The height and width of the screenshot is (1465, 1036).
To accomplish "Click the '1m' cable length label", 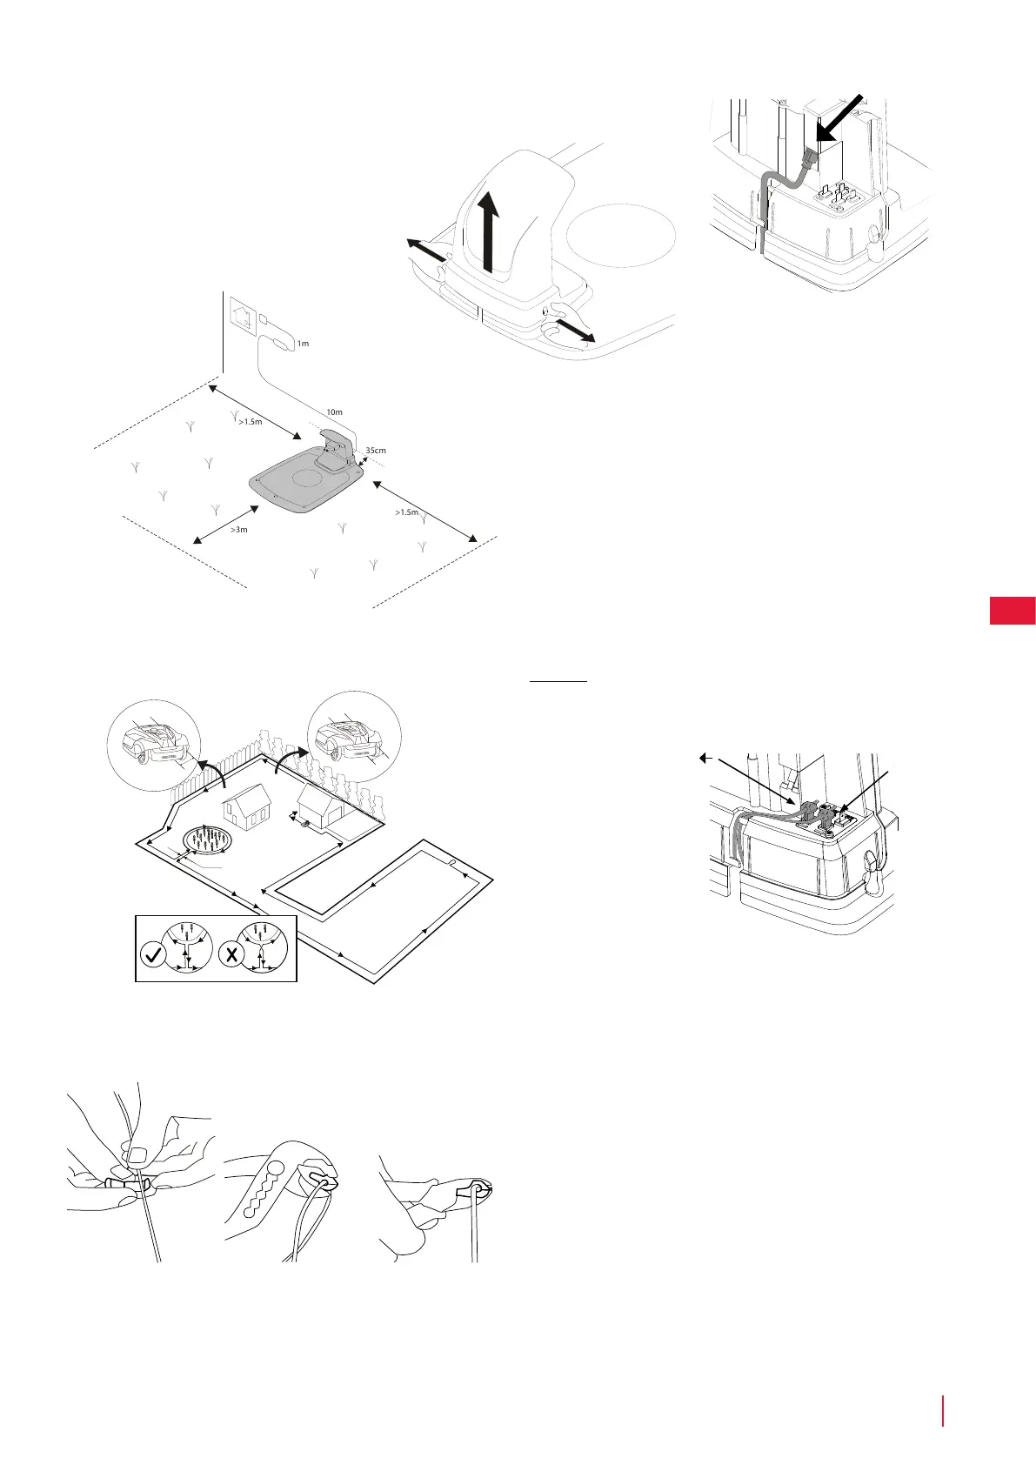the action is (x=303, y=344).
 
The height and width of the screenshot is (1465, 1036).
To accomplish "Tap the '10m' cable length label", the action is (x=334, y=411).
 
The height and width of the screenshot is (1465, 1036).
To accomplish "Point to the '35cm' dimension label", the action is (x=376, y=451).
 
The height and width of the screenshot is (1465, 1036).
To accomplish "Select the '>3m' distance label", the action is (x=238, y=529).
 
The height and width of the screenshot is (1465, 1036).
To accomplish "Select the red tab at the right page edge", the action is (x=1012, y=611).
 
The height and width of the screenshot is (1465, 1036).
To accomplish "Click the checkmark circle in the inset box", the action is (x=153, y=954).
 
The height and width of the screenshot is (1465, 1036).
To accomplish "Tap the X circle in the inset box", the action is (x=231, y=954).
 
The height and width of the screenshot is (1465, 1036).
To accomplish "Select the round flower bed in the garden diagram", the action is (x=210, y=842).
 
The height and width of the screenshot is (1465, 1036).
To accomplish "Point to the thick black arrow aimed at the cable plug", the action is (x=840, y=118).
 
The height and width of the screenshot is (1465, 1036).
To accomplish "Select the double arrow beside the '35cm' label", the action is (x=363, y=461).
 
